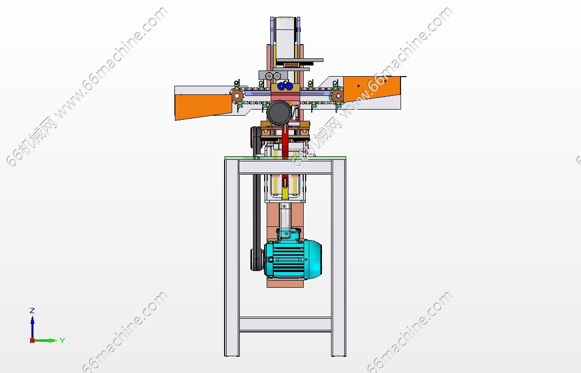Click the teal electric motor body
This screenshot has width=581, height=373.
(285, 259)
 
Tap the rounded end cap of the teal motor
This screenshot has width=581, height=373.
(314, 259)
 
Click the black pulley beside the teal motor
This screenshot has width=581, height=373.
(256, 259)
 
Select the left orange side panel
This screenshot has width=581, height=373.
(203, 107)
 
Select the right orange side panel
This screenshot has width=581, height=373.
(372, 88)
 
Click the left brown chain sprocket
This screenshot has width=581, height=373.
(237, 96)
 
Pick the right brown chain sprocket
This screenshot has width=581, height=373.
(337, 95)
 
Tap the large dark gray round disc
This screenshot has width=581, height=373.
(279, 113)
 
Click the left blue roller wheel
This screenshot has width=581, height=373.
(281, 87)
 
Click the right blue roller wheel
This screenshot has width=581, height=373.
(289, 87)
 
